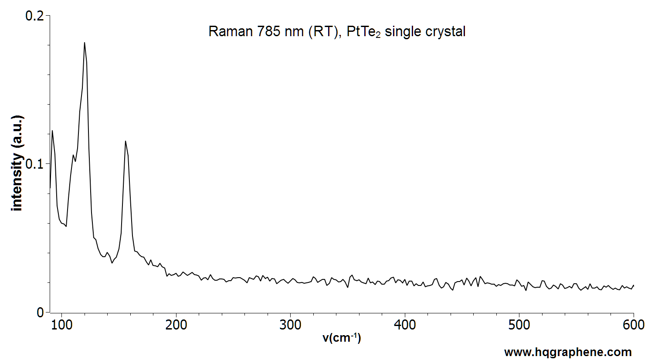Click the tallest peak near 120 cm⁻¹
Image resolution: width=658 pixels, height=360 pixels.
[85, 43]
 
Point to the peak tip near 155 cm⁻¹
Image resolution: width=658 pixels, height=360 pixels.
[125, 141]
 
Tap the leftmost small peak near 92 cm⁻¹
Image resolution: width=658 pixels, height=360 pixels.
[52, 131]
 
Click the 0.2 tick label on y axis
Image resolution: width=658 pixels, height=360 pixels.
[35, 16]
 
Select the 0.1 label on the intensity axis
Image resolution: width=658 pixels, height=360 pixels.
[35, 164]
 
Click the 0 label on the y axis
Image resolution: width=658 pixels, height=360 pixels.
[41, 312]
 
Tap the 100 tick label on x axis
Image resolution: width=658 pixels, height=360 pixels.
[62, 325]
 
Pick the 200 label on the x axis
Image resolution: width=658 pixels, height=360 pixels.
[176, 325]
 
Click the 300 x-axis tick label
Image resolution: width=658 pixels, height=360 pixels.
[290, 325]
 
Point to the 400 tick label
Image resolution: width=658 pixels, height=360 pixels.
[405, 325]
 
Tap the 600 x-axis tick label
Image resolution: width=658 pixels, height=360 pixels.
[634, 325]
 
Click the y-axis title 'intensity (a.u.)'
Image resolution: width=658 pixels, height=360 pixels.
[17, 163]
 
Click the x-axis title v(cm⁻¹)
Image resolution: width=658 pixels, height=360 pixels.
[342, 338]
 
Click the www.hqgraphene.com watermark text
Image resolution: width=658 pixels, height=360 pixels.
[568, 352]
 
